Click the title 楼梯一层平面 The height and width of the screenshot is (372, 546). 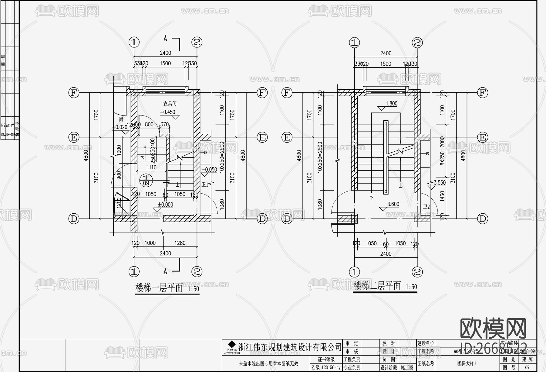[159, 288]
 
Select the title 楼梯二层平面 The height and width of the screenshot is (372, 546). [377, 286]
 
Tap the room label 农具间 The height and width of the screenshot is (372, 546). [170, 104]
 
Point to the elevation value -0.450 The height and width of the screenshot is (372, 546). [167, 112]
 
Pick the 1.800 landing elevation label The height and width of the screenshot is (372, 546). [391, 104]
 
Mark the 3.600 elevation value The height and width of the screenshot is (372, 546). [393, 204]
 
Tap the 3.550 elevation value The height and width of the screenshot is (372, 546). [440, 183]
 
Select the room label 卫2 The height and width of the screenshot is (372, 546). [426, 207]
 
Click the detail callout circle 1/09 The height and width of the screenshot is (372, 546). [146, 180]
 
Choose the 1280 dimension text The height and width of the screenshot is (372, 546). [180, 243]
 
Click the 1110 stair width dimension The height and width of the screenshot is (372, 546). [152, 167]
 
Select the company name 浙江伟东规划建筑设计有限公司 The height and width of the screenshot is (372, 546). [290, 347]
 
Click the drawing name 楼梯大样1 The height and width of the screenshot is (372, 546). [467, 363]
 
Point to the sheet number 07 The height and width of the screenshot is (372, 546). [527, 367]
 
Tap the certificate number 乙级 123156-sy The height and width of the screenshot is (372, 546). [326, 367]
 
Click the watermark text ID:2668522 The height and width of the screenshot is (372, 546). [494, 347]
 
